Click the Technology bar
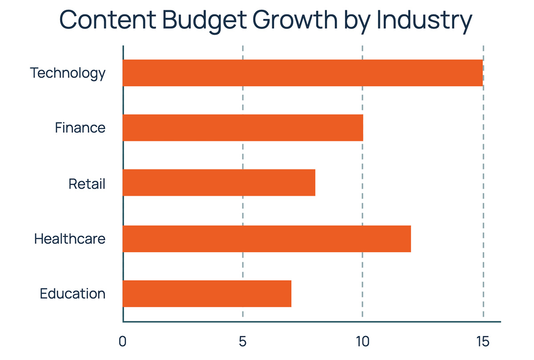pos(303,73)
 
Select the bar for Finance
pos(243,128)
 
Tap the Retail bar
pos(218,182)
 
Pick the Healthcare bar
pos(267,239)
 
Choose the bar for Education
pos(207,294)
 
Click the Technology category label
pos(68,73)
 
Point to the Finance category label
pos(80,128)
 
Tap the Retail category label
pos(87,183)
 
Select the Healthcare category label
pos(70,239)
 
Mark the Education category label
pos(73,294)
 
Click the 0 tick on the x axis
pos(122,342)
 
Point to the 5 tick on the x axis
pos(243,342)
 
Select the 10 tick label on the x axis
pos(362,342)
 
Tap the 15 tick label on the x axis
pos(482,342)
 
